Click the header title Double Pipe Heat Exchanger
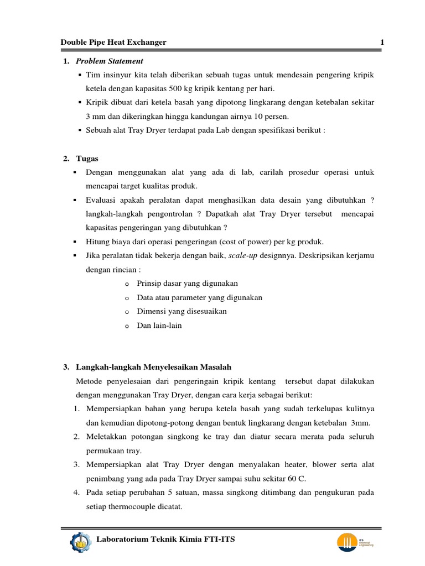[x=113, y=43]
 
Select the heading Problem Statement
[x=109, y=61]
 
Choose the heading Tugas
[x=87, y=159]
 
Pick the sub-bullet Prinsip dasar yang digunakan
[x=187, y=284]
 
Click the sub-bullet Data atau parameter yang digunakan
[x=199, y=297]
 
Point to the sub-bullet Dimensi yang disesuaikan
[x=182, y=311]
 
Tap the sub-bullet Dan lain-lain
[x=159, y=326]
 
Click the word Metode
[x=90, y=381]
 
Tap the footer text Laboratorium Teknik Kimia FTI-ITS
[x=166, y=539]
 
